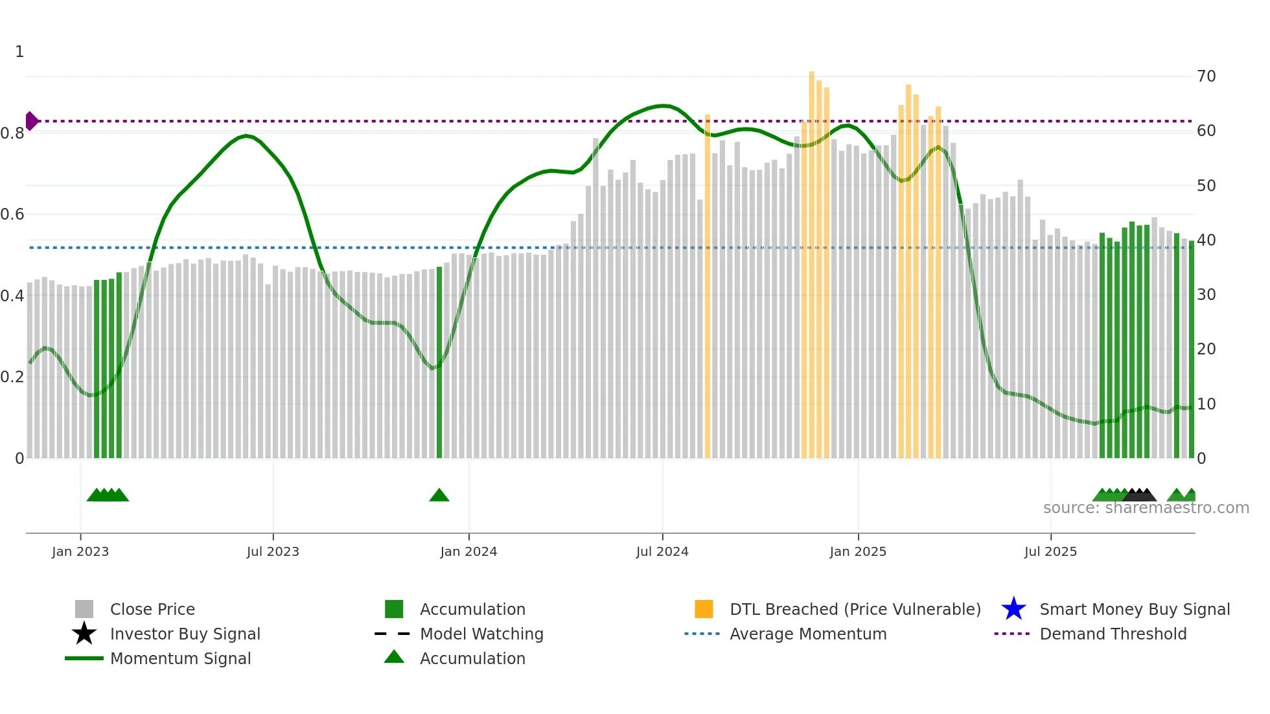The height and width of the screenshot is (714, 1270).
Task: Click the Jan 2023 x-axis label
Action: point(80,552)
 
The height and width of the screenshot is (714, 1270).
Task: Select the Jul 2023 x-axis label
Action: point(273,552)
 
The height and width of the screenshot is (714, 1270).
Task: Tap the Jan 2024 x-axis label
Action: point(468,552)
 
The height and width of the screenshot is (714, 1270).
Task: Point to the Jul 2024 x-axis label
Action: point(662,552)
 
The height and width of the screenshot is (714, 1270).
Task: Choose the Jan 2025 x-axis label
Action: point(858,552)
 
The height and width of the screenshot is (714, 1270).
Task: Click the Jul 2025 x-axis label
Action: point(1050,552)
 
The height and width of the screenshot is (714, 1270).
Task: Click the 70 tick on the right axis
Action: point(1206,76)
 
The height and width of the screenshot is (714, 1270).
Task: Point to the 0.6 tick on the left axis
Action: point(12,214)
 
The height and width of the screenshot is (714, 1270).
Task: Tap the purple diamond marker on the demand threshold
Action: point(31,121)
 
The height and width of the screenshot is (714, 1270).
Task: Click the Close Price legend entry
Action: point(152,610)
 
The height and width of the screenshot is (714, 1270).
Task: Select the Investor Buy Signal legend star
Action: point(84,634)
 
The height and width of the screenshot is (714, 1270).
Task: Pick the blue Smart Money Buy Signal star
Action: point(1013,609)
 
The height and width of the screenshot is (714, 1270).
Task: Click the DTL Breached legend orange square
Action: point(704,609)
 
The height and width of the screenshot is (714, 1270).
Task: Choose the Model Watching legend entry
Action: point(481,634)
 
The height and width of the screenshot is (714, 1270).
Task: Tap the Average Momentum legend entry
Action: point(808,634)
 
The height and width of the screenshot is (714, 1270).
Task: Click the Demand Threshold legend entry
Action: point(1113,634)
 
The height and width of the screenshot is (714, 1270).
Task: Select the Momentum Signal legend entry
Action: point(180,659)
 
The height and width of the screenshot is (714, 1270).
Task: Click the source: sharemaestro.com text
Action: point(1146,508)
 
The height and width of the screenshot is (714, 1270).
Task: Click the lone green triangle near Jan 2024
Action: point(439,496)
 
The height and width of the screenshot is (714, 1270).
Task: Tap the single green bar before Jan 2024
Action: point(439,363)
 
